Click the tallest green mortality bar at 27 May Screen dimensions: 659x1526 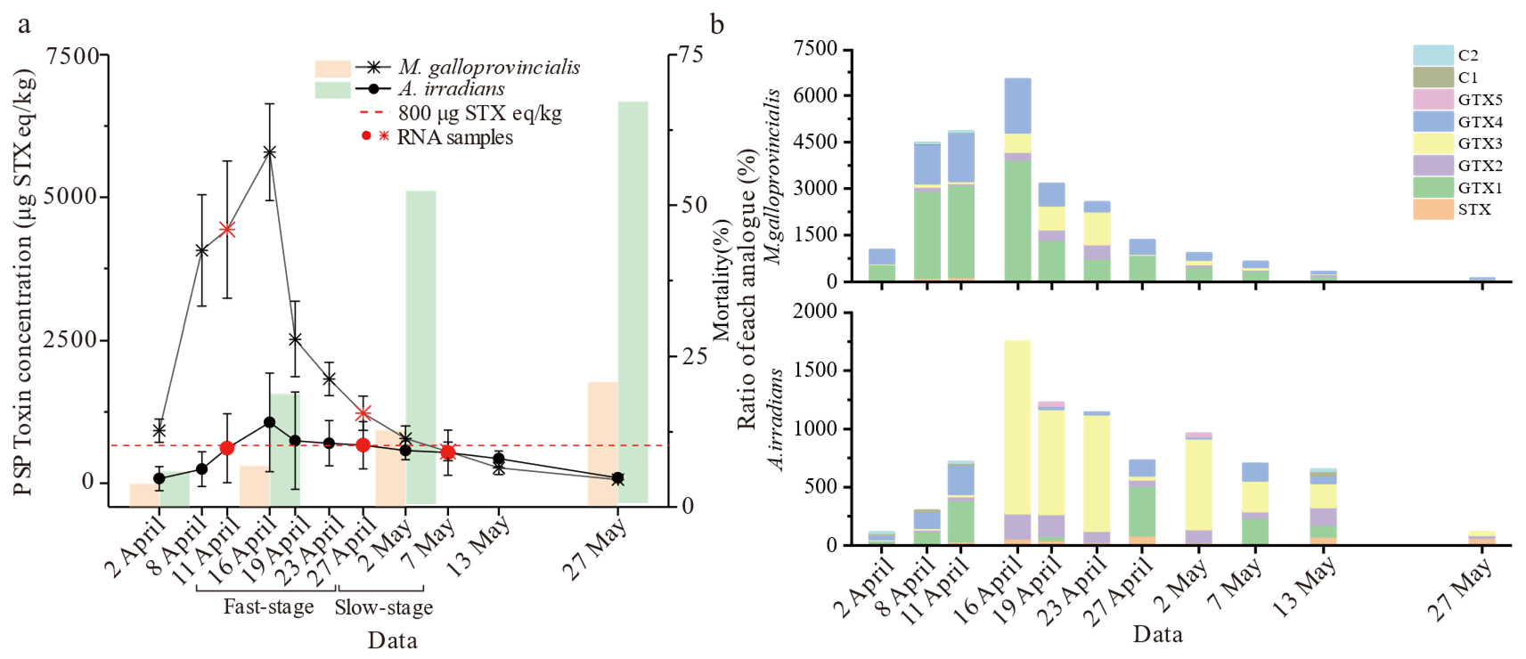(632, 303)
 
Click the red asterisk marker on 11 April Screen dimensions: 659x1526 (227, 229)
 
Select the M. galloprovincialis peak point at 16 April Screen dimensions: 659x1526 (269, 152)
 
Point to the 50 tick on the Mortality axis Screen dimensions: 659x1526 (692, 205)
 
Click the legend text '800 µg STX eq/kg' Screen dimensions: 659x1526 (479, 113)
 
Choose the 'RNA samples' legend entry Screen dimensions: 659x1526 (454, 137)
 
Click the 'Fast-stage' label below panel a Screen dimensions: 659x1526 (268, 607)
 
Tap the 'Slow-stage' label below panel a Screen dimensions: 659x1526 (384, 607)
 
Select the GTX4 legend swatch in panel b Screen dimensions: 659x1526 (1432, 122)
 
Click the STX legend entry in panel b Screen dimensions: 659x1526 (1473, 209)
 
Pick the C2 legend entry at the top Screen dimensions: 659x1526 (1467, 55)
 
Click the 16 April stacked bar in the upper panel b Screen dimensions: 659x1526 (1017, 178)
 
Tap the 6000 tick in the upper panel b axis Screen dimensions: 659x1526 (819, 95)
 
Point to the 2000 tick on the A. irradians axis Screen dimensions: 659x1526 (819, 312)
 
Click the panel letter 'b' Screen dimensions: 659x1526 (717, 24)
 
